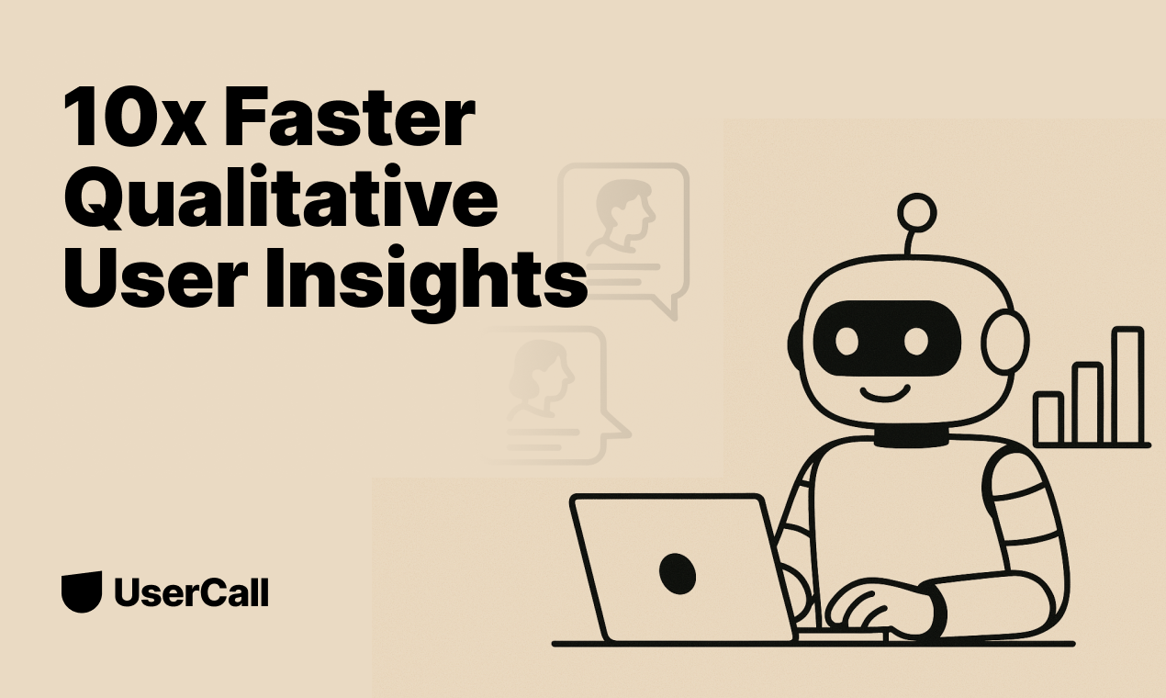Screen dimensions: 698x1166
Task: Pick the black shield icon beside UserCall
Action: click(x=81, y=592)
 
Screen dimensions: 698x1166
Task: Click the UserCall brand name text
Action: click(x=191, y=592)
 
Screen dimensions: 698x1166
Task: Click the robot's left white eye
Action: click(x=846, y=342)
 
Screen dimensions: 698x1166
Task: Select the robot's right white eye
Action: click(x=916, y=342)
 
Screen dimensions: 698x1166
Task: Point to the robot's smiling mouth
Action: click(x=883, y=394)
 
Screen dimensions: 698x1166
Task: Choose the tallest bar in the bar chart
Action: click(x=1127, y=386)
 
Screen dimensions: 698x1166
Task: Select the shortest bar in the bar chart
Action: click(x=1048, y=418)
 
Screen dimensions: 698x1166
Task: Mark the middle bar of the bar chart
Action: click(x=1087, y=403)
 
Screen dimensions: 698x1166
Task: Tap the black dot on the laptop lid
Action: click(x=677, y=571)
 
